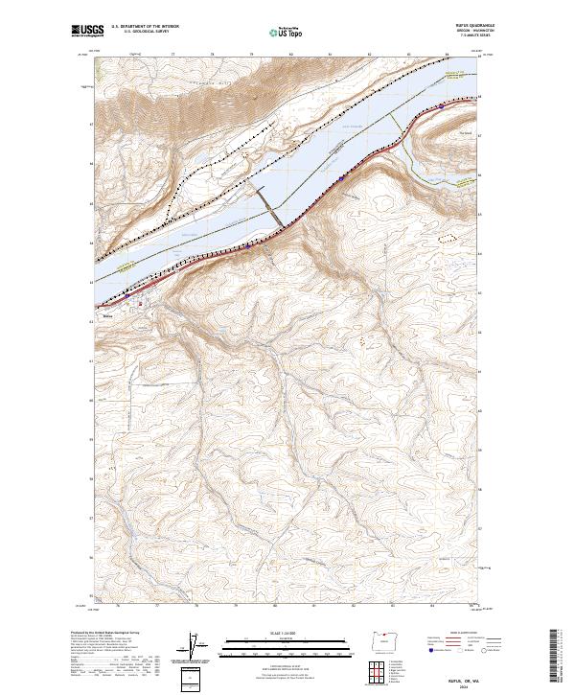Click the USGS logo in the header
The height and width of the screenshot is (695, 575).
coord(83,33)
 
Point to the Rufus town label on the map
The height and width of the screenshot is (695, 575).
coord(108,311)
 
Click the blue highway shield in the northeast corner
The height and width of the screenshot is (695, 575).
coord(440,106)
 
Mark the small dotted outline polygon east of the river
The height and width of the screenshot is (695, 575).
coord(448,233)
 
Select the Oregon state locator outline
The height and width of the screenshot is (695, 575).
coord(382,640)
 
